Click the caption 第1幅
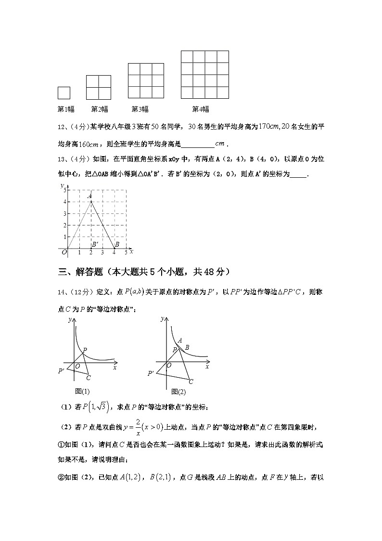pos(66,109)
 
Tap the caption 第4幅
pos(201,109)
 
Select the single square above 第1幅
pos(64,93)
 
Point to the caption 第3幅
pos(140,109)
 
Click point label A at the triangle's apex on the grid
pos(89,196)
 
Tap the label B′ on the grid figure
pos(95,244)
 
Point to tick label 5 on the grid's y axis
pos(64,191)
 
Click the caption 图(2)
pos(178,391)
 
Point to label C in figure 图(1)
pos(88,378)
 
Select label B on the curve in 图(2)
pos(187,347)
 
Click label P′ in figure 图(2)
pos(151,373)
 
